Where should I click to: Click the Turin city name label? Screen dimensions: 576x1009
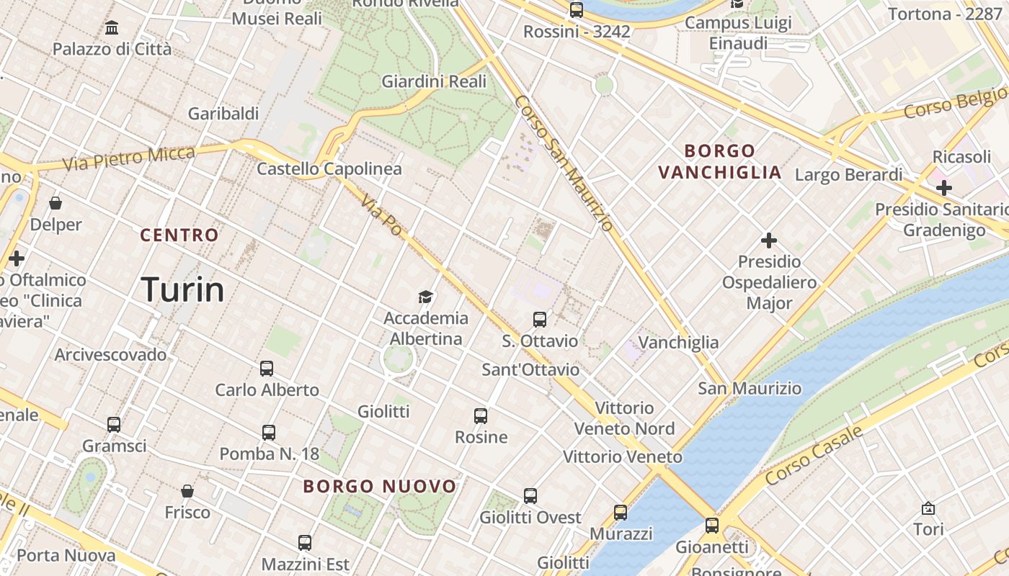[x=182, y=289]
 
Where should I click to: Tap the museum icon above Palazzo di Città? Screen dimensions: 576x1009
[x=112, y=28]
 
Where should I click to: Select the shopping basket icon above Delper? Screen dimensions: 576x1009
[x=55, y=204]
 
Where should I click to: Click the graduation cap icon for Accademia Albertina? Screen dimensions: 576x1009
[x=426, y=297]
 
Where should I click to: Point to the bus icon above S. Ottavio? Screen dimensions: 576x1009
[x=539, y=319]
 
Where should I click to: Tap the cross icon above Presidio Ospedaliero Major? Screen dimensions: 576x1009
[x=769, y=240]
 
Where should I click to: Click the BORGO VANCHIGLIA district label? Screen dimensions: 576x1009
[x=719, y=162]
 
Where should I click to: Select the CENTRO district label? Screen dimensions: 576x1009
[x=179, y=235]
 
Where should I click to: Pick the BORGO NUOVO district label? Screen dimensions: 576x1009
[x=380, y=486]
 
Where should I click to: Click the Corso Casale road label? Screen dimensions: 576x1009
[x=814, y=455]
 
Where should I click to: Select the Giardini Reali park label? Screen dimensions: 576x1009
[x=434, y=81]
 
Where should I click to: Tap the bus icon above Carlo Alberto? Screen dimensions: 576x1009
[x=267, y=369]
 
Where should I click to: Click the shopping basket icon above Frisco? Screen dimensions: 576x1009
[x=187, y=491]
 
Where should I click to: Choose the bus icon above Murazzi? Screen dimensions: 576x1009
[x=621, y=513]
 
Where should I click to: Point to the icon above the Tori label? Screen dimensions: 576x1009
[x=928, y=508]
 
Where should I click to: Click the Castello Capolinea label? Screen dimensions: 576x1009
[x=329, y=168]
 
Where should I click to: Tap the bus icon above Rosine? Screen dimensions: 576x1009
[x=481, y=415]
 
